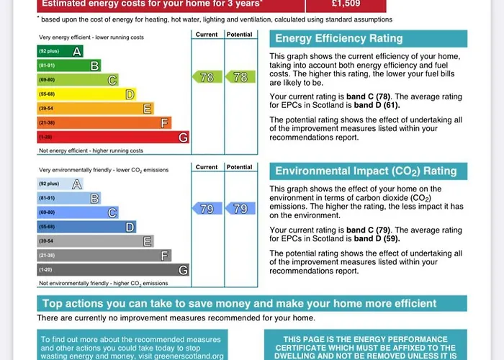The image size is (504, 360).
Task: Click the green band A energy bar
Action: point(60,51)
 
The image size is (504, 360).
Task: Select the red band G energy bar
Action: point(113,137)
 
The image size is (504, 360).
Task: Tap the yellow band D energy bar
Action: point(86,94)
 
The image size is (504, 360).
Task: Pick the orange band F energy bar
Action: point(104,122)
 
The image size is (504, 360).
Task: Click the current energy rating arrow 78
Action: point(207,77)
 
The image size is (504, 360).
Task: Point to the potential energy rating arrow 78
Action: point(240,77)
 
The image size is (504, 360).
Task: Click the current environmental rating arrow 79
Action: point(207,209)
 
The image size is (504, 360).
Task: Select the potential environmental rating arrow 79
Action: point(240,209)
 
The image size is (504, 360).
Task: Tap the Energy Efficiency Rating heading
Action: point(338,39)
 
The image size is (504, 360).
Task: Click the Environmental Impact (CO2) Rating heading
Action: point(366,171)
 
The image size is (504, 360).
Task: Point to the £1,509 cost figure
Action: point(346,4)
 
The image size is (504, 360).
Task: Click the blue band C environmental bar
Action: point(78,212)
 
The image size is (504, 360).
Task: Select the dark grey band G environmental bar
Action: point(113,270)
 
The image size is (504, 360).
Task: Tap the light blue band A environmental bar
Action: point(60,184)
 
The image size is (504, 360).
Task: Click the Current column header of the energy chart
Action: point(207,34)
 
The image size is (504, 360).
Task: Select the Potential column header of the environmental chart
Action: point(240,167)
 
